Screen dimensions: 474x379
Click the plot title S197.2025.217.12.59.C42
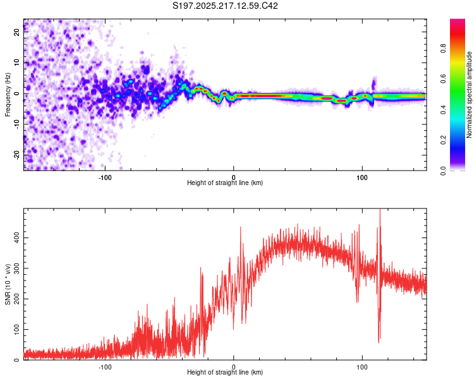point(225,6)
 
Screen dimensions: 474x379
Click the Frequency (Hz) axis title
point(8,95)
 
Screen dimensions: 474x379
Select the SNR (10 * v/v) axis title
point(8,284)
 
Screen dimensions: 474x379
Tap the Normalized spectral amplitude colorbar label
point(469,95)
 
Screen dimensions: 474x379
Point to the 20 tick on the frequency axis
point(17,32)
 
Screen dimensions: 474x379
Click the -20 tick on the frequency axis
point(17,155)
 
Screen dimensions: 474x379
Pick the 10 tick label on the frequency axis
point(17,63)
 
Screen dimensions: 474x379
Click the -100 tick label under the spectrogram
point(105,177)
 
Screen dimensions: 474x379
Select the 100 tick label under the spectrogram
point(362,177)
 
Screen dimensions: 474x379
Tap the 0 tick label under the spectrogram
point(233,177)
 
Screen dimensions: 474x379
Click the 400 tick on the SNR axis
point(17,238)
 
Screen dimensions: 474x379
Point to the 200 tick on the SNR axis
point(17,299)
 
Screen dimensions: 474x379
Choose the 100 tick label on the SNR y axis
point(17,330)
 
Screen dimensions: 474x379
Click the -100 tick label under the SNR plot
point(105,367)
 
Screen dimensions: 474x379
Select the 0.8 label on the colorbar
point(443,49)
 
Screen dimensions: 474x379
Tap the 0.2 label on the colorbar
point(443,140)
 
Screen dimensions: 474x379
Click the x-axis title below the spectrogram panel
point(225,183)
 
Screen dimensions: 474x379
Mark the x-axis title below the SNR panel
point(225,372)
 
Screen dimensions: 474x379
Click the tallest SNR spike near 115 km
point(380,210)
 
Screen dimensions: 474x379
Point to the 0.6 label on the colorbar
point(443,79)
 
